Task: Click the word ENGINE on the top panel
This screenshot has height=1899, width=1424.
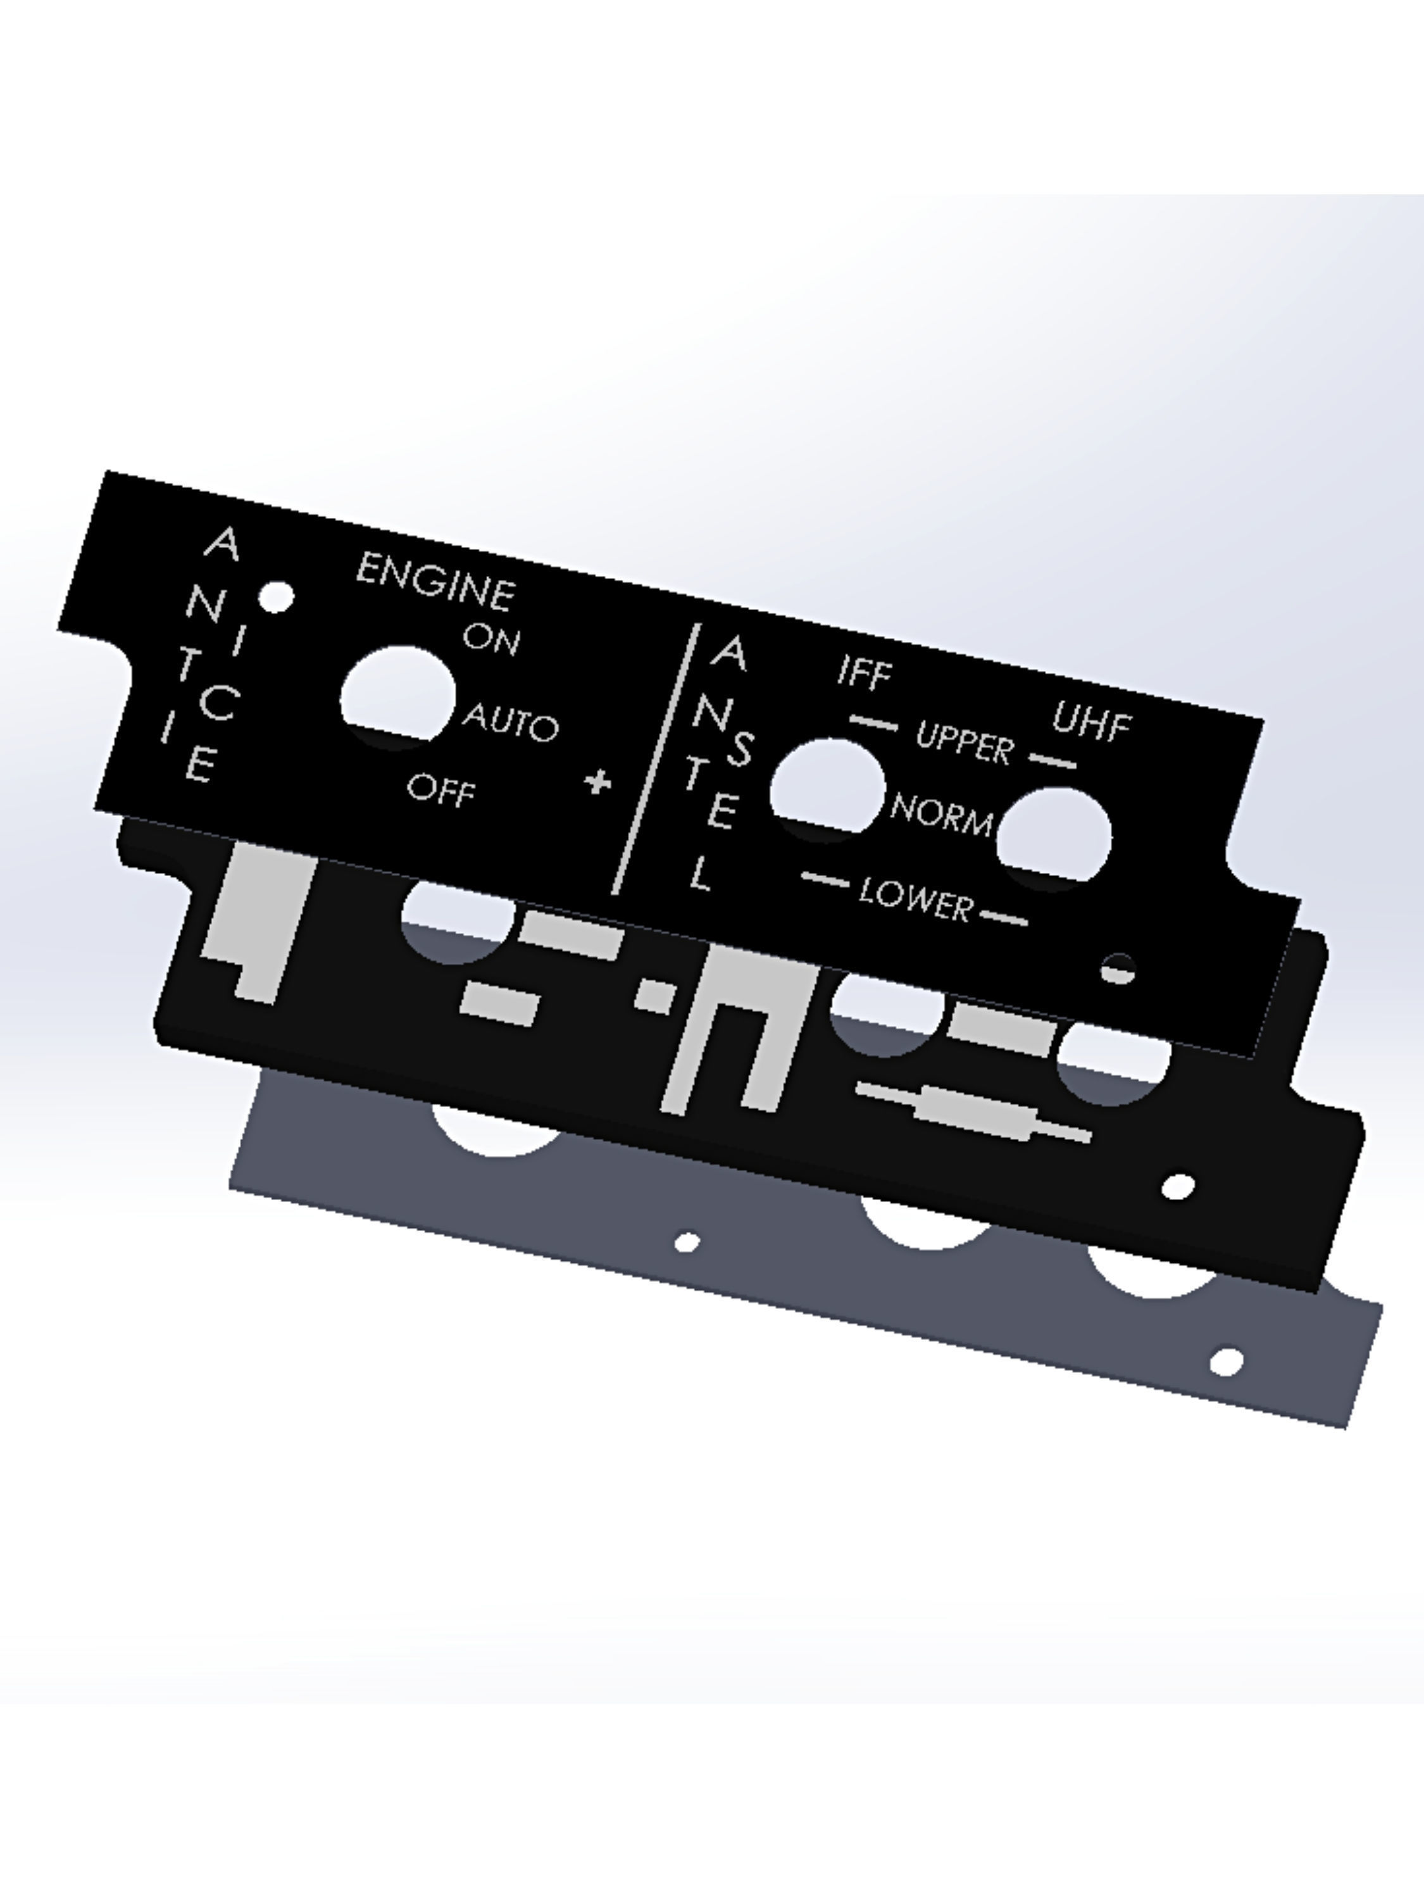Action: pos(436,582)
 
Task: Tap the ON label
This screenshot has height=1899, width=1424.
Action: pos(491,639)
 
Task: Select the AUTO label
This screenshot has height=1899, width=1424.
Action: pos(511,723)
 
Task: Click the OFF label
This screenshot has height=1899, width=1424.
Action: pos(440,790)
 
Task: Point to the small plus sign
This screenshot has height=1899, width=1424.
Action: pos(598,782)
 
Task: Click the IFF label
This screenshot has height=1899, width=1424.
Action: pos(865,672)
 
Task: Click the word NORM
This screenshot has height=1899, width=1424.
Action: pos(942,813)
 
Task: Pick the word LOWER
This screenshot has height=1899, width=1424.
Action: pos(916,899)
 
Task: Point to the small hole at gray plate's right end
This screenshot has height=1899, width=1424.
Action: pos(1226,1361)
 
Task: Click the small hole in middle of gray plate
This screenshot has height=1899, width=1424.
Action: pos(687,1241)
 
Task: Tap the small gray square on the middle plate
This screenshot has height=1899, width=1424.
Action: pos(656,996)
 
